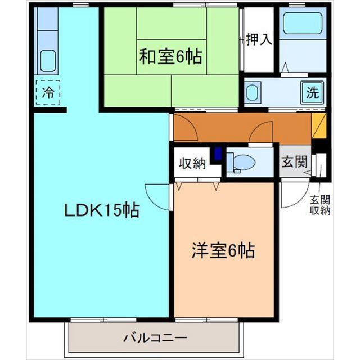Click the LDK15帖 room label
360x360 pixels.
[x=101, y=211]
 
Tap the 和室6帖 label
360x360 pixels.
[x=170, y=56]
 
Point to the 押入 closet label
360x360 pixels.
[x=259, y=39]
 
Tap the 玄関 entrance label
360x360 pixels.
[x=294, y=162]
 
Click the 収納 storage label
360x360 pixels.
[x=192, y=164]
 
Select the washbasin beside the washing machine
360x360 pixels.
[x=253, y=92]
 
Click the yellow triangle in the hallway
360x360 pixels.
[x=318, y=125]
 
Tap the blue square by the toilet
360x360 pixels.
[x=218, y=153]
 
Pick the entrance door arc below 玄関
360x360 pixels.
[x=292, y=194]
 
